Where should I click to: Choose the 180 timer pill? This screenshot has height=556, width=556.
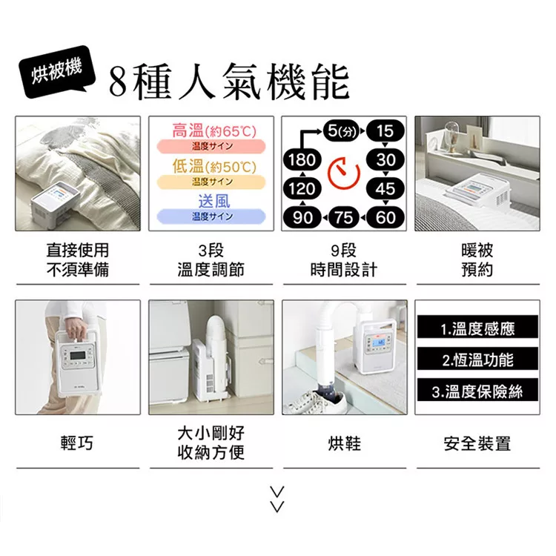(301, 161)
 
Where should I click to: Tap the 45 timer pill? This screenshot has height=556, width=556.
(385, 188)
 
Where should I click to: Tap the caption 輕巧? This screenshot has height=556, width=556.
(77, 443)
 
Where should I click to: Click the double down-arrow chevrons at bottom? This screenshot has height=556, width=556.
(277, 500)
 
